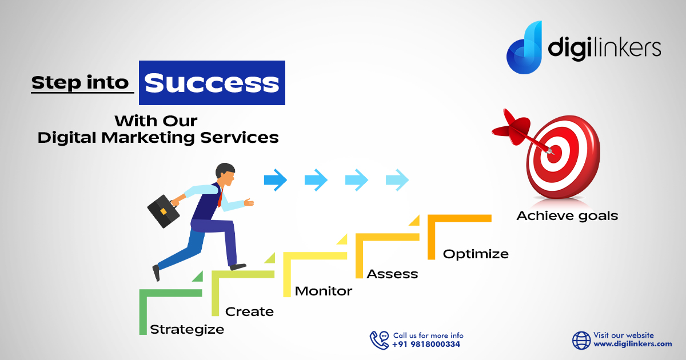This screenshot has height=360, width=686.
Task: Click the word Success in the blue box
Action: (212, 83)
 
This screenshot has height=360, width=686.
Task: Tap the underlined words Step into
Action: (80, 83)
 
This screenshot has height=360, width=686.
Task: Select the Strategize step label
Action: (187, 330)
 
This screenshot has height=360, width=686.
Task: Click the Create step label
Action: (250, 311)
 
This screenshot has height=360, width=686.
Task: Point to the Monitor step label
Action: (324, 291)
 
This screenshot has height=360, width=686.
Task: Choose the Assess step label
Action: (392, 274)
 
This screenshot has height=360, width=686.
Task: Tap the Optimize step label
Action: (476, 254)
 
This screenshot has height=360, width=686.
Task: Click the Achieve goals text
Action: (567, 216)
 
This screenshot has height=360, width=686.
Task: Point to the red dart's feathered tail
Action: (510, 127)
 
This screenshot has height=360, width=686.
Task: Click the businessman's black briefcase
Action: (163, 211)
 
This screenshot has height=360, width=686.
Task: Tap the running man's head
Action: (226, 174)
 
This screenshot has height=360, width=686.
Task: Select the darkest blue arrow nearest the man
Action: (276, 180)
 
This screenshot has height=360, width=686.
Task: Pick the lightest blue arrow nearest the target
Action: (397, 180)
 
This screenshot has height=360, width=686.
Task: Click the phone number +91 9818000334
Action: (426, 345)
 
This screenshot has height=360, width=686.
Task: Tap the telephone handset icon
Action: (378, 341)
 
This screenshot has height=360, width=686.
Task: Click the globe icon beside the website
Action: (581, 341)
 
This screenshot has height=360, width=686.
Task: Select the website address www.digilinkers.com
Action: (633, 344)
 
